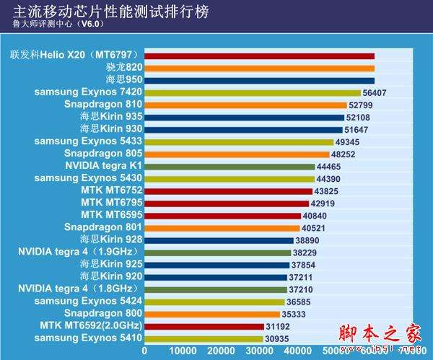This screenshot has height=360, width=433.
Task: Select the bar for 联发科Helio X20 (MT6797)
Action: [x=259, y=56]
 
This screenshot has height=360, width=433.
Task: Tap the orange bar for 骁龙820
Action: [x=259, y=68]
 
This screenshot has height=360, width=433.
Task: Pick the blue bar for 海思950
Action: [x=259, y=80]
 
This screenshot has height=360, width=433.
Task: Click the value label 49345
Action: [x=349, y=141]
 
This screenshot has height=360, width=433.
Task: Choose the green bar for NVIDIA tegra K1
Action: [x=229, y=166]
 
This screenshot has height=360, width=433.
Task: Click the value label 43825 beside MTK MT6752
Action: [x=327, y=191]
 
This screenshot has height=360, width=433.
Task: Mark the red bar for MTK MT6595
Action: [x=222, y=216]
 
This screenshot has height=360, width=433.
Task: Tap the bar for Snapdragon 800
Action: [x=212, y=314]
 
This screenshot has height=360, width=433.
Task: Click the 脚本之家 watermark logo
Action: [x=385, y=335]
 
